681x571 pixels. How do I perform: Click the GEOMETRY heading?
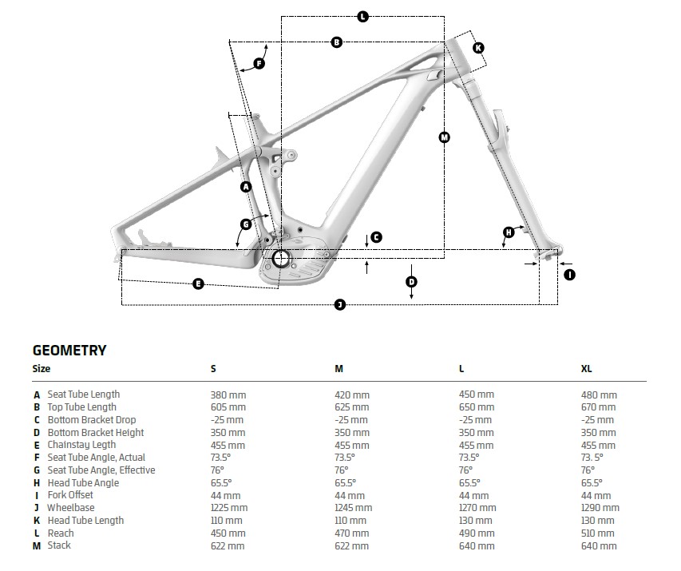[69, 350]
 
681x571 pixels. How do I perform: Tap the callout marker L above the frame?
[362, 17]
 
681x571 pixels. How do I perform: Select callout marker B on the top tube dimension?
[336, 42]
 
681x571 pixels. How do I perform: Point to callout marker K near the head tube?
[478, 48]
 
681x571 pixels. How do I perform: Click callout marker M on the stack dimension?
[445, 137]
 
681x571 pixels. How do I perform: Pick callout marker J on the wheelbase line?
[339, 305]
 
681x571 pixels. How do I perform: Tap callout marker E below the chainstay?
[198, 284]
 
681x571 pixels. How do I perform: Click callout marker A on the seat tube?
[246, 186]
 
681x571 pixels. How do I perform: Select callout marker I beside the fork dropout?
[569, 275]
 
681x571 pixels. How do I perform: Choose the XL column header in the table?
[587, 369]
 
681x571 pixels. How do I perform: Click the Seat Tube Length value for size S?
[228, 395]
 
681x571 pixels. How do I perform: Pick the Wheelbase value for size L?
[477, 508]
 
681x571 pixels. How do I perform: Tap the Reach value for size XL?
[599, 533]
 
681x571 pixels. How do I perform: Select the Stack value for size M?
[352, 546]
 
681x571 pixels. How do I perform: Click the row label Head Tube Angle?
[83, 483]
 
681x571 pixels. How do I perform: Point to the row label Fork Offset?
[70, 495]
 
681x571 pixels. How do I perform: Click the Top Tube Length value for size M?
[352, 407]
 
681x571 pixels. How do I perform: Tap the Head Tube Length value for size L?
[476, 521]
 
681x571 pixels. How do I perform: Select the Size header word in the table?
[41, 369]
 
